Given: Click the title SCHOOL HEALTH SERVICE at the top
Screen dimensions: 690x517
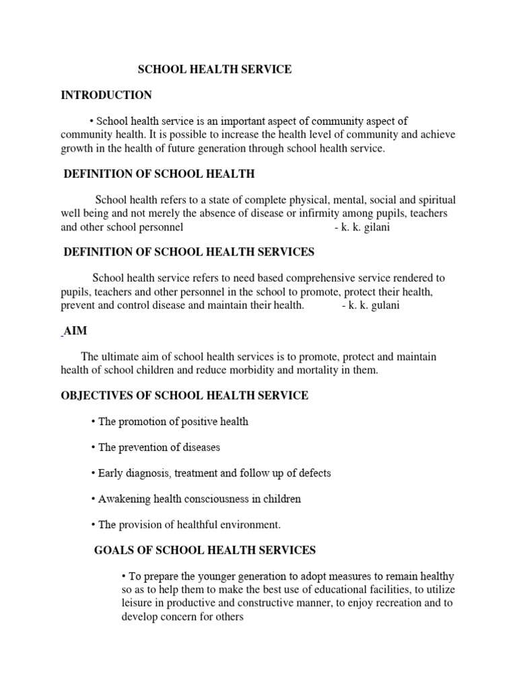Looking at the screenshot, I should [x=215, y=70].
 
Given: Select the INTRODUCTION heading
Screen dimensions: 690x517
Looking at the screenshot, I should [x=106, y=95].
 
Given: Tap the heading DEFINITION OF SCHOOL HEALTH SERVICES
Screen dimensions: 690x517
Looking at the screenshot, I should [x=188, y=252].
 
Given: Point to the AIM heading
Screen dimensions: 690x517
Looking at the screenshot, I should [x=76, y=332].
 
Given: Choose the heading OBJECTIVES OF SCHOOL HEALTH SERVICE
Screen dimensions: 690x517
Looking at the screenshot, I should [x=184, y=396].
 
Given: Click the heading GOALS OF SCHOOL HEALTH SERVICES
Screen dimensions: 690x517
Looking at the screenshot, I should [x=205, y=551].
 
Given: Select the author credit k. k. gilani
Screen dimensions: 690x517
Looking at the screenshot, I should [x=362, y=227].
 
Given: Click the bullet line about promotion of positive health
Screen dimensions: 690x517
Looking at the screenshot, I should [x=170, y=422].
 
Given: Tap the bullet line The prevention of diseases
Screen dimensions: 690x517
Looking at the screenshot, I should [x=156, y=447].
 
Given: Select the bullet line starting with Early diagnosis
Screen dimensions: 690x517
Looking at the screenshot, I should [x=211, y=473].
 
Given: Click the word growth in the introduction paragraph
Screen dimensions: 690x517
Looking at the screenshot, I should [x=77, y=149].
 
